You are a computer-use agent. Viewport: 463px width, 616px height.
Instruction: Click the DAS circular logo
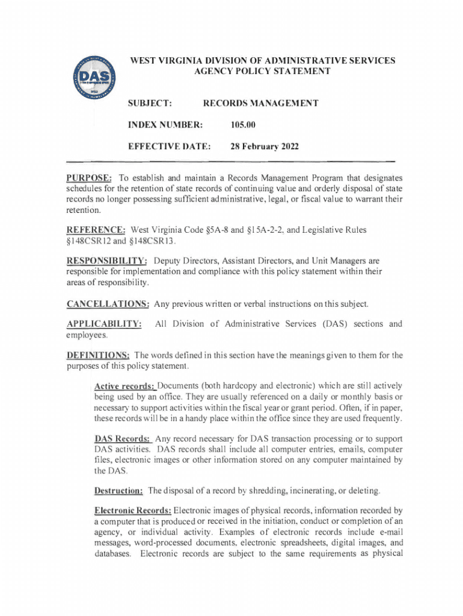(x=95, y=79)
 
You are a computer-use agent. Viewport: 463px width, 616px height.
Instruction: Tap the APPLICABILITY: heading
(x=104, y=325)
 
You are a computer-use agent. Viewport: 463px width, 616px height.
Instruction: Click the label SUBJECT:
(x=151, y=103)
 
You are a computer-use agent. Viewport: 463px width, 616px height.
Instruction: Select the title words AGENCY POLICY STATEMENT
(x=263, y=72)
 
